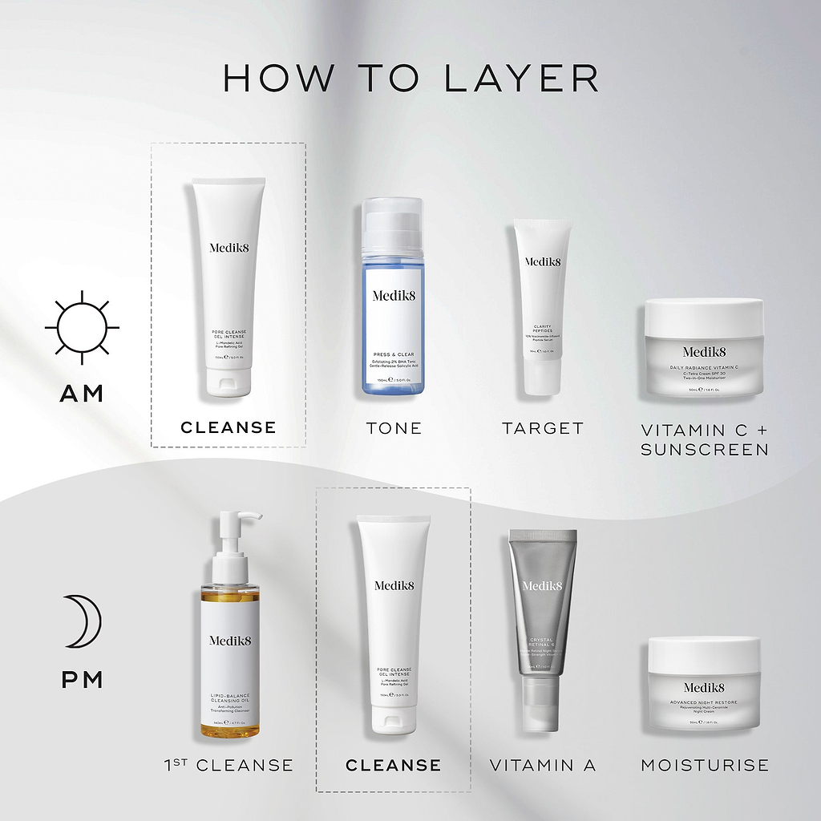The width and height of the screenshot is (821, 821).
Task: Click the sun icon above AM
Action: tap(82, 327)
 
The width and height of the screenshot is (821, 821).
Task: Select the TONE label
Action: tap(394, 428)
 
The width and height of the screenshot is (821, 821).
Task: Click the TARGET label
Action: tap(543, 428)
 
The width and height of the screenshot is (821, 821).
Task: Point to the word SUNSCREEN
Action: tap(704, 450)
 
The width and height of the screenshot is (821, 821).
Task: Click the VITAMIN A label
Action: tap(543, 765)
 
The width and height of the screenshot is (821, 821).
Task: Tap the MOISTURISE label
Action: tap(704, 765)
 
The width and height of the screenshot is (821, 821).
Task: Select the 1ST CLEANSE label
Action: tap(229, 765)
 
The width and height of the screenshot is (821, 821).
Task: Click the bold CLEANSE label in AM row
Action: tap(229, 427)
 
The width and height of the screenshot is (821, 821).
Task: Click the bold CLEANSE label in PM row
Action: tap(393, 766)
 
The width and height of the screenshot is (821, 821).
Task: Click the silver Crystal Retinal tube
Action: tap(543, 625)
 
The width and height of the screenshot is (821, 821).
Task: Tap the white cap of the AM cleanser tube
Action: tap(229, 382)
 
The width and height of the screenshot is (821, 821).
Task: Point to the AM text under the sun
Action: tap(82, 393)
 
